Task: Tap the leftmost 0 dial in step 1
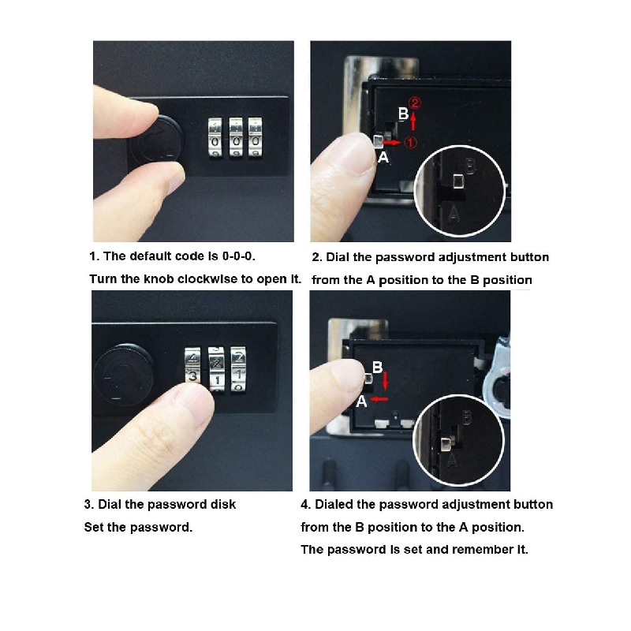215,137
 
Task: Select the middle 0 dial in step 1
236,137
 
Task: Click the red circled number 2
416,103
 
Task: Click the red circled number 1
410,142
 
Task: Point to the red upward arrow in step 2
413,120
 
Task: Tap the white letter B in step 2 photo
403,114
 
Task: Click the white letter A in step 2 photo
383,157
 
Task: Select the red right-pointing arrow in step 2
392,143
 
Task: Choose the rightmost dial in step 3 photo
238,369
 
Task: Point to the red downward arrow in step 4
386,381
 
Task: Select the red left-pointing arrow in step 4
379,399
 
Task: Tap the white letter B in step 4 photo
377,367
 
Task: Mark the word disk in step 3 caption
223,504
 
